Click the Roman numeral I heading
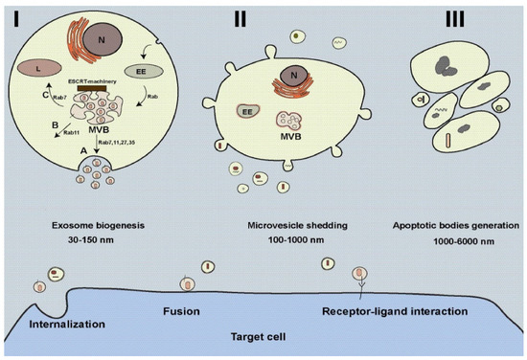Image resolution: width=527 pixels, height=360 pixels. click(x=15, y=16)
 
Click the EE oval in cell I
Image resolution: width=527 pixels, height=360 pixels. click(x=146, y=70)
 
